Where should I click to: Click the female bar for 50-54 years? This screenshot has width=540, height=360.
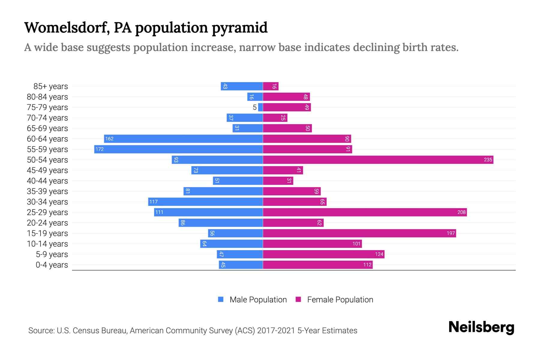tap(378, 160)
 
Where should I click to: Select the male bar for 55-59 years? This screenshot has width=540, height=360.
tap(178, 149)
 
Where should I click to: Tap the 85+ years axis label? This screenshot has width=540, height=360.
tap(51, 86)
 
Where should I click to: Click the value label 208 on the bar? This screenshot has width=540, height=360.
tap(461, 212)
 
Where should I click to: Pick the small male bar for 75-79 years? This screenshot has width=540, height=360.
tap(260, 107)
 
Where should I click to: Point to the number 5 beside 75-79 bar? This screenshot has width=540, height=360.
tap(255, 107)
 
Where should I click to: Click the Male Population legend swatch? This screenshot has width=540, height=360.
tap(221, 299)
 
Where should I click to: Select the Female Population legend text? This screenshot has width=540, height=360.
tap(340, 300)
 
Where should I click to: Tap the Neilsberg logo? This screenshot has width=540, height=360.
tap(481, 327)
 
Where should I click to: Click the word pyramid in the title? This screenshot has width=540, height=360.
tap(240, 28)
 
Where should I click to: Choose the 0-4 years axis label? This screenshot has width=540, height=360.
tap(52, 265)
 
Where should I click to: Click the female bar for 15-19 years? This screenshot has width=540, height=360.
tap(359, 233)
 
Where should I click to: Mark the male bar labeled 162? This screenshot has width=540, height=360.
tap(183, 139)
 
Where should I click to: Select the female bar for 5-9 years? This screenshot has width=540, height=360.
tap(323, 254)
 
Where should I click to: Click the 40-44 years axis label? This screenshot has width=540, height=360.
tap(47, 181)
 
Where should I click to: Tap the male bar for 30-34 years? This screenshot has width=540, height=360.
tap(205, 202)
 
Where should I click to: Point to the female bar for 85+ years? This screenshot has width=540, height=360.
tap(271, 86)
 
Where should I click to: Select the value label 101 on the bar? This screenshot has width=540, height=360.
tap(356, 244)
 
